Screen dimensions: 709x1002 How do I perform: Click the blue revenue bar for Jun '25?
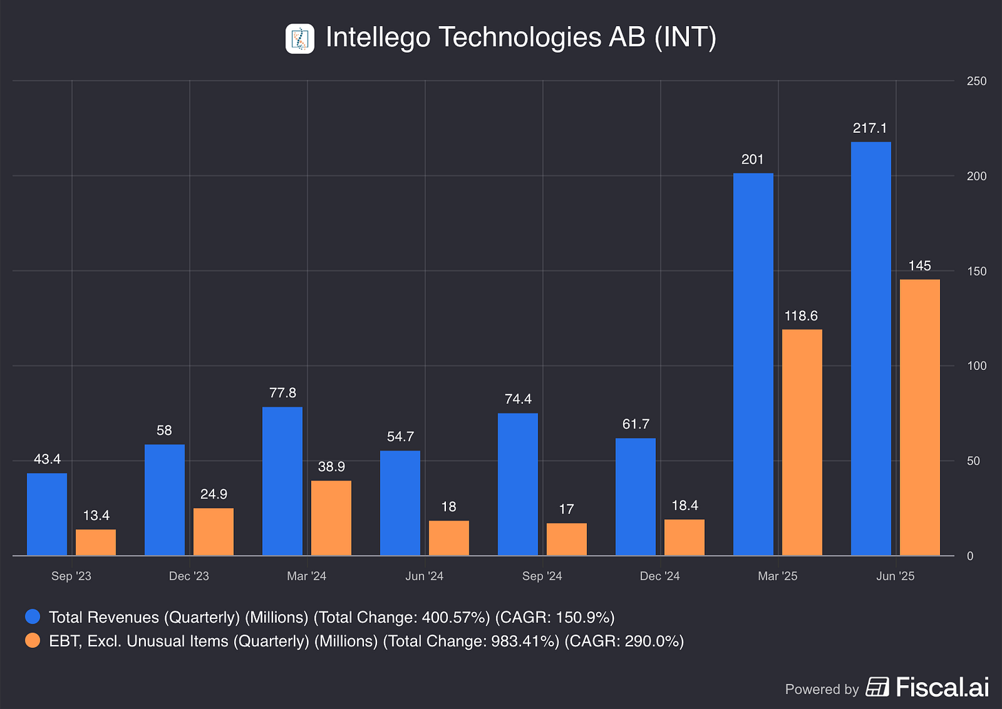coord(871,349)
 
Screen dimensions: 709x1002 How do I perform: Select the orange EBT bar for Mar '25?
coord(802,442)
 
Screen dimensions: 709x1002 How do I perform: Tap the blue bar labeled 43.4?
coord(47,514)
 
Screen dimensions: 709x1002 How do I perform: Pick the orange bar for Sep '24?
coord(566,539)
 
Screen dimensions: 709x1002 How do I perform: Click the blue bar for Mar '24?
coord(282,481)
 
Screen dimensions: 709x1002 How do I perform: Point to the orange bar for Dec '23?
coord(213,532)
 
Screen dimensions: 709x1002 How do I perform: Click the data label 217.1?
coord(870,128)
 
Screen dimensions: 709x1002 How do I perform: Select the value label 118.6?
coord(801,316)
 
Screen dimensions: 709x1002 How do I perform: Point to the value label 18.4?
coord(684,505)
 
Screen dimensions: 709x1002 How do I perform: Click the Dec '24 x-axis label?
coord(659,576)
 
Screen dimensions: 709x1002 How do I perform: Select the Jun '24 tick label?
coord(424,576)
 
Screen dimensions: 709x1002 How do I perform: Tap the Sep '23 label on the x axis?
coord(71,576)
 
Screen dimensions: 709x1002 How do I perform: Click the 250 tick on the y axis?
coord(977,81)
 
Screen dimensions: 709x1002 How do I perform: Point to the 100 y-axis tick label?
coord(977,366)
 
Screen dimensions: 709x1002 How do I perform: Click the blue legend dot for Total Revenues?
coord(32,617)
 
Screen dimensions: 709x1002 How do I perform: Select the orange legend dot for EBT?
coord(32,641)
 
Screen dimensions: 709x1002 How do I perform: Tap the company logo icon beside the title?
coord(300,39)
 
